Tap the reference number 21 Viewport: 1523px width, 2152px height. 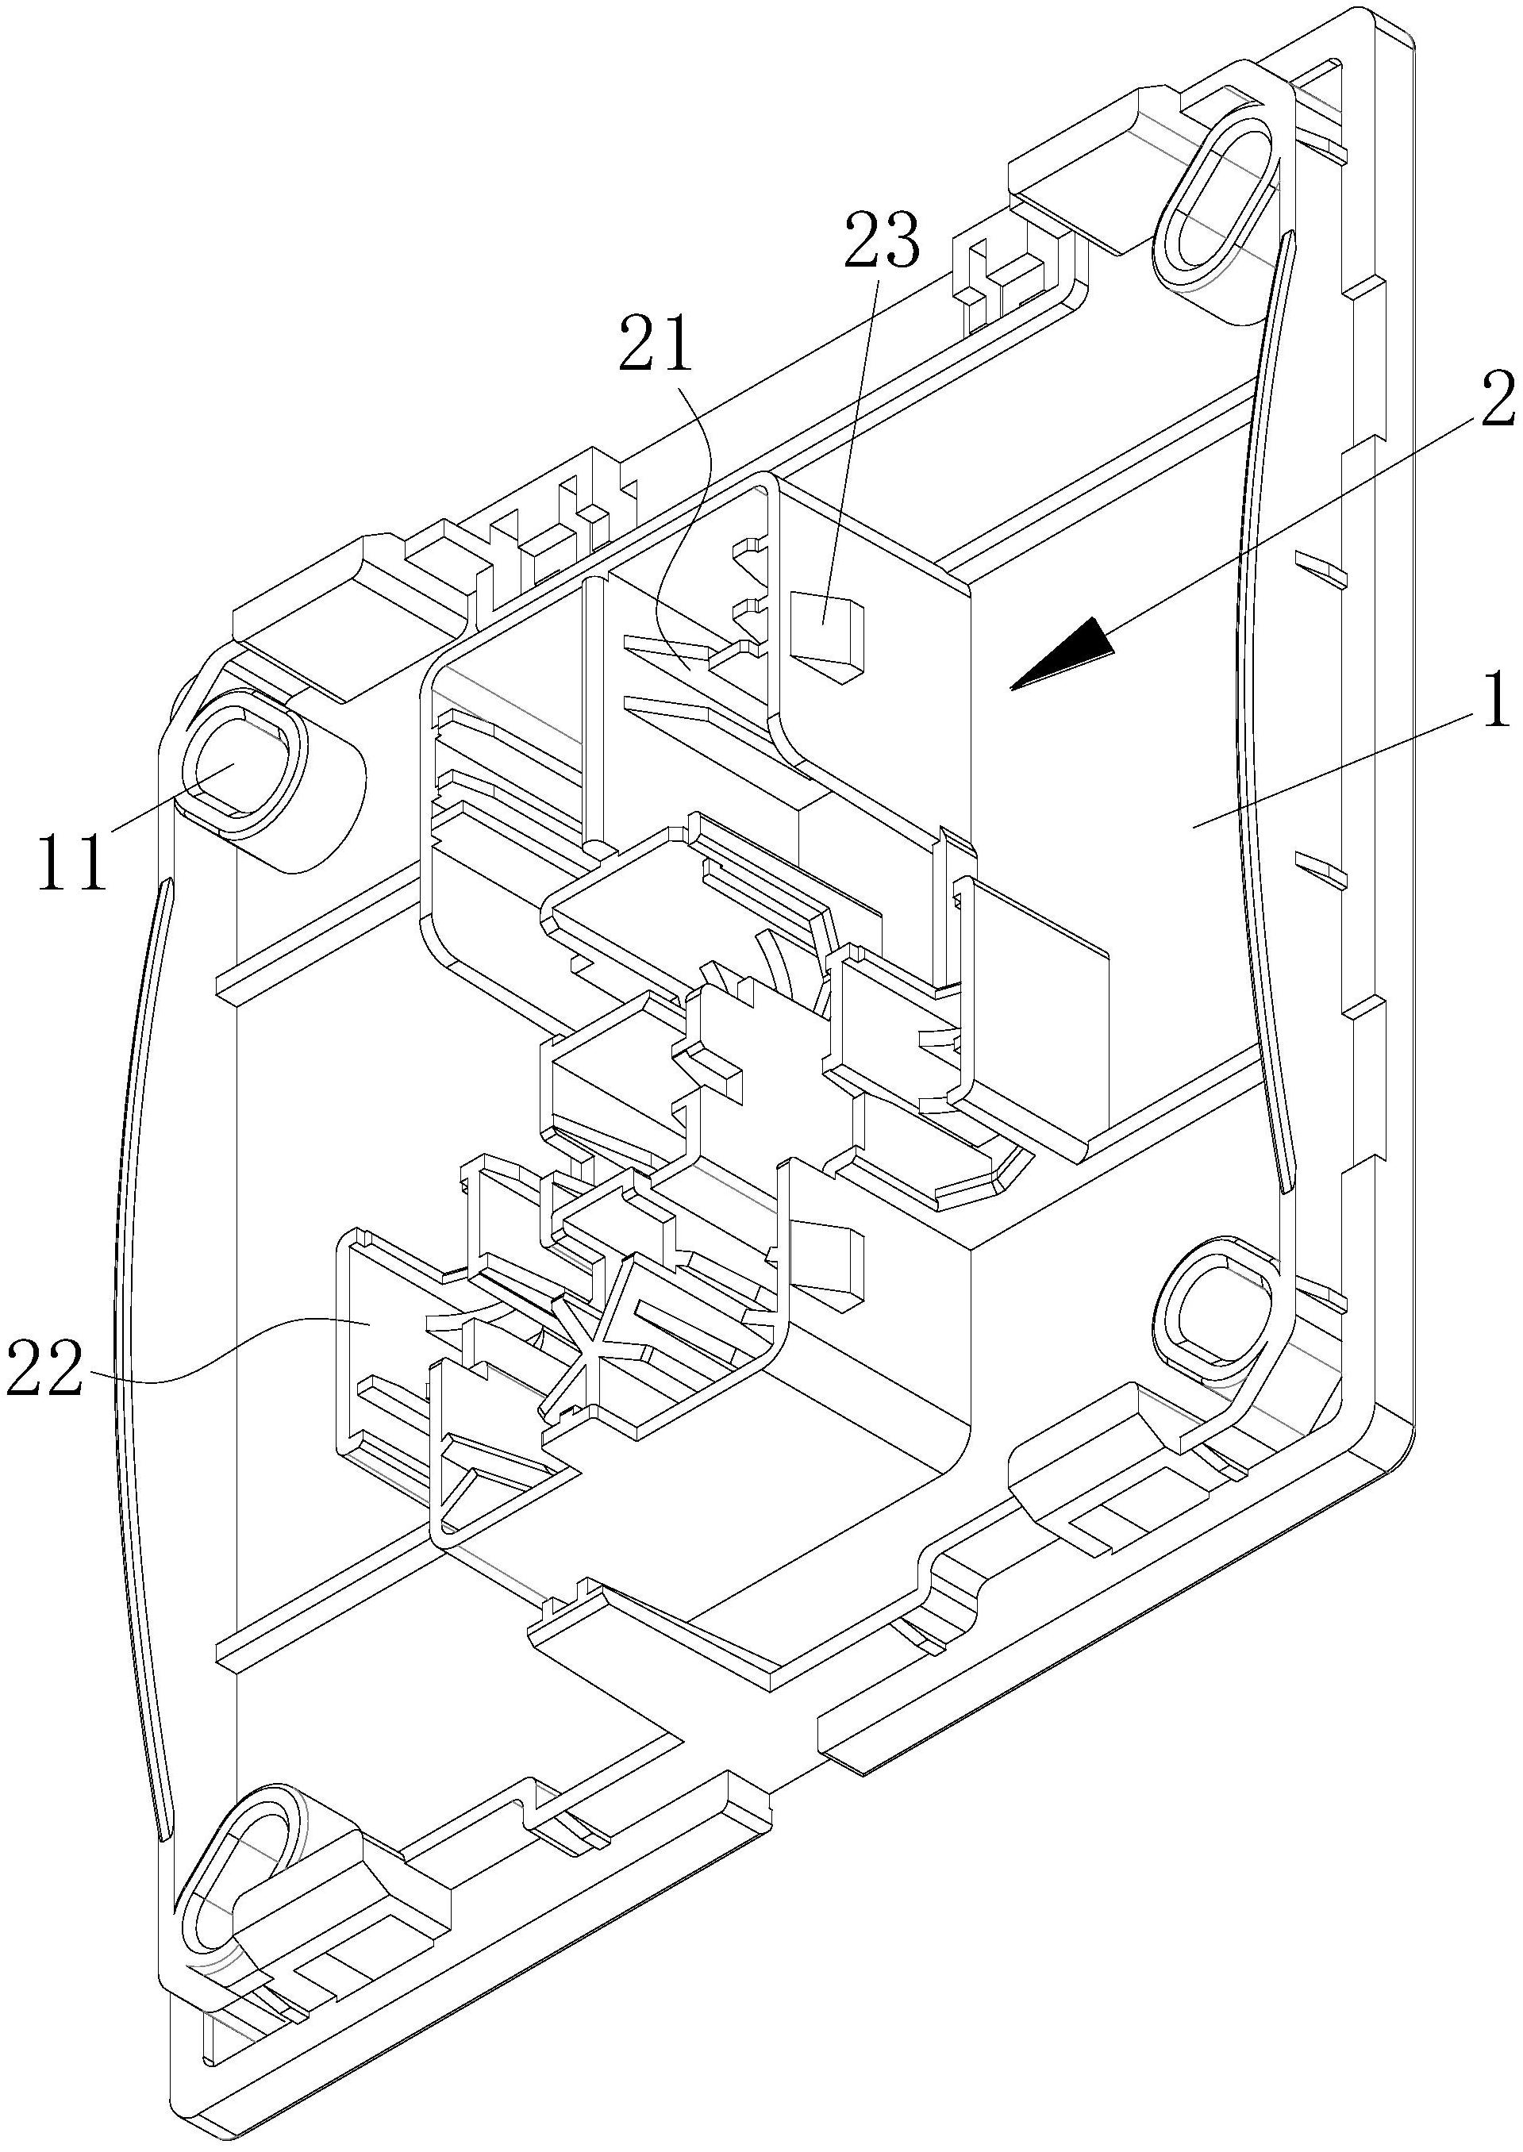click(654, 347)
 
